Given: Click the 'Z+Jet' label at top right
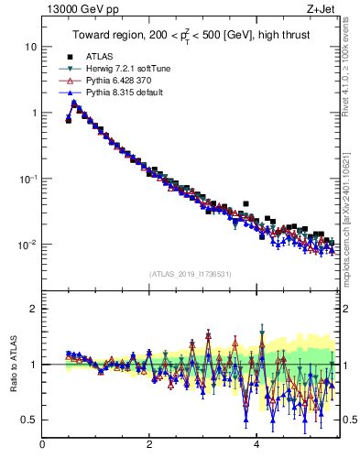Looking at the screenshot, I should click(320, 8).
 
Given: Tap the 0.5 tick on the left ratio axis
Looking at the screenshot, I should click(29, 420).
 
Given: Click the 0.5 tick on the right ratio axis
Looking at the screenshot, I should click(349, 420).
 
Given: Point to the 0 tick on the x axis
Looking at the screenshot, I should click(42, 445).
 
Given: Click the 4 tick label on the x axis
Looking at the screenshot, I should click(256, 445).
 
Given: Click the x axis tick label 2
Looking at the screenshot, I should click(149, 445).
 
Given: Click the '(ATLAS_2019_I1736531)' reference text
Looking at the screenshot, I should click(189, 274).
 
